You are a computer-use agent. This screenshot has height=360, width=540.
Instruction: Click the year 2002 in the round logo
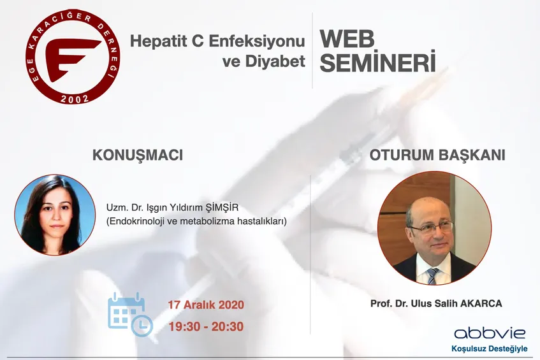(x=75, y=98)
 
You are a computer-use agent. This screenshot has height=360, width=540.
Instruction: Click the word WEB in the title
(x=347, y=40)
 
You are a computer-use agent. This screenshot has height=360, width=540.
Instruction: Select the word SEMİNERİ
(x=378, y=62)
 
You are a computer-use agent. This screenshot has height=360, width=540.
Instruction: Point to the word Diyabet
(x=275, y=61)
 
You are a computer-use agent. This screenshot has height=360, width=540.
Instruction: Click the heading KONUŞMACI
(x=138, y=155)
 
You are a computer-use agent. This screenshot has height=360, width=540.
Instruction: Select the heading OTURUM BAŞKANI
(x=437, y=155)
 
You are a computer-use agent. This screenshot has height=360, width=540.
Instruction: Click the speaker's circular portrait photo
(x=55, y=215)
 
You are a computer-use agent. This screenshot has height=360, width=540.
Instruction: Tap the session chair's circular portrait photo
(x=435, y=228)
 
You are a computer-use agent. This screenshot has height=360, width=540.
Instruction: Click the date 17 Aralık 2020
(x=206, y=305)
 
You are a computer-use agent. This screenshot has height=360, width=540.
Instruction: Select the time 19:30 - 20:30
(x=206, y=327)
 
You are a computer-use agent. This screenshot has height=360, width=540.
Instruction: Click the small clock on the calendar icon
(x=142, y=325)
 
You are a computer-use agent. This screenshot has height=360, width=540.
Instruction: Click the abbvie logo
(x=490, y=333)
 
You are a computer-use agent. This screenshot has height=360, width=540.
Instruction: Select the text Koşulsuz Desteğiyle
(x=490, y=349)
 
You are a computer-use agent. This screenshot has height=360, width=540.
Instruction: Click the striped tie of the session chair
(x=432, y=276)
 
